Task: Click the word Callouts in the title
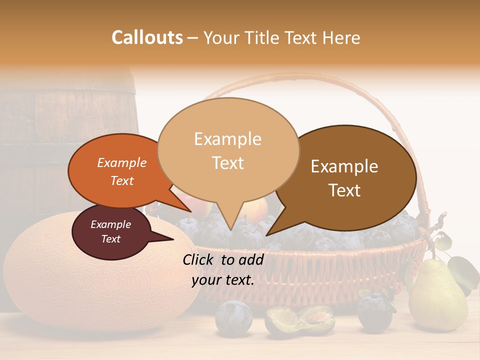click(147, 37)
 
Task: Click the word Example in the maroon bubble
click(110, 224)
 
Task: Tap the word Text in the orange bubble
click(122, 181)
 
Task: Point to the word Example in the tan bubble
click(227, 138)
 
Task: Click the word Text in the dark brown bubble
click(345, 190)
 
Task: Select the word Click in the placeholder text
click(199, 259)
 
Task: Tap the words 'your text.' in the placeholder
click(223, 280)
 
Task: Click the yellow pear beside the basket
click(437, 300)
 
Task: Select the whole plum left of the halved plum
click(233, 317)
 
